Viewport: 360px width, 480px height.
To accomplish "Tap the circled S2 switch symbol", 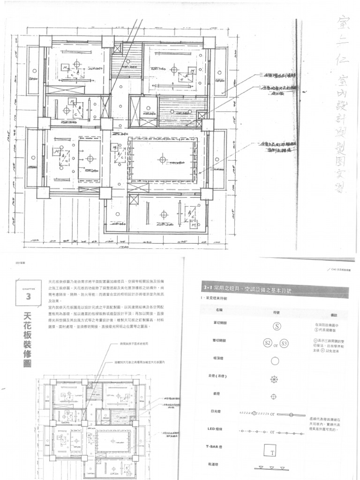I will pos(268,343).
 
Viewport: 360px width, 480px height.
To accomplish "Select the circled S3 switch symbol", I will pos(285,344).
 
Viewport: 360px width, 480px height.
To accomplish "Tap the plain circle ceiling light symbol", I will pos(275,361).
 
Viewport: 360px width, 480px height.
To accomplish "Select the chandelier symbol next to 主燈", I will pos(275,379).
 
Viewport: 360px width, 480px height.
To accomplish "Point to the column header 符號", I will pos(276,311).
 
